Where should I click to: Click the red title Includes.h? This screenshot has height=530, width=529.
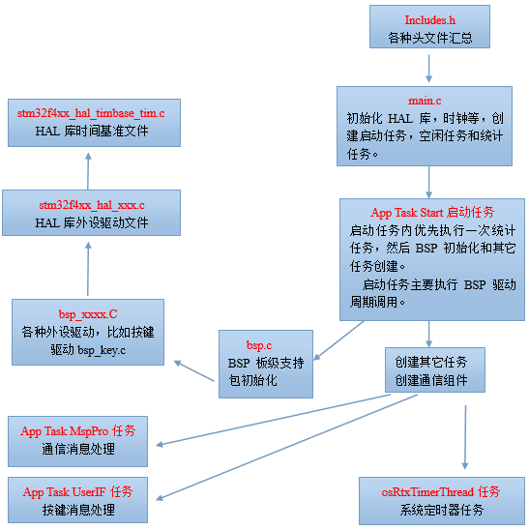430,20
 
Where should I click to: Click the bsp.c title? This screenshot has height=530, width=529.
260,344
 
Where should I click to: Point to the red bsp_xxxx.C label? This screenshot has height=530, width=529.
88,314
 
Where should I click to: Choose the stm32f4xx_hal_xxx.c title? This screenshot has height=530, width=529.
92,205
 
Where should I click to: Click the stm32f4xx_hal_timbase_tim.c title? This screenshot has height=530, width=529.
91,113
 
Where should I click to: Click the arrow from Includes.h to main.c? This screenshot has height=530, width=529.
429,68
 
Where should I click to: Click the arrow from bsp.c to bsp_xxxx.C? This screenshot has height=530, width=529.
193,371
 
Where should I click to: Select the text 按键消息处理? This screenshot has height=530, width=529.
78,510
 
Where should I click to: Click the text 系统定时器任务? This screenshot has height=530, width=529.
441,510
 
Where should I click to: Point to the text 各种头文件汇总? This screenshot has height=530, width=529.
430,39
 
